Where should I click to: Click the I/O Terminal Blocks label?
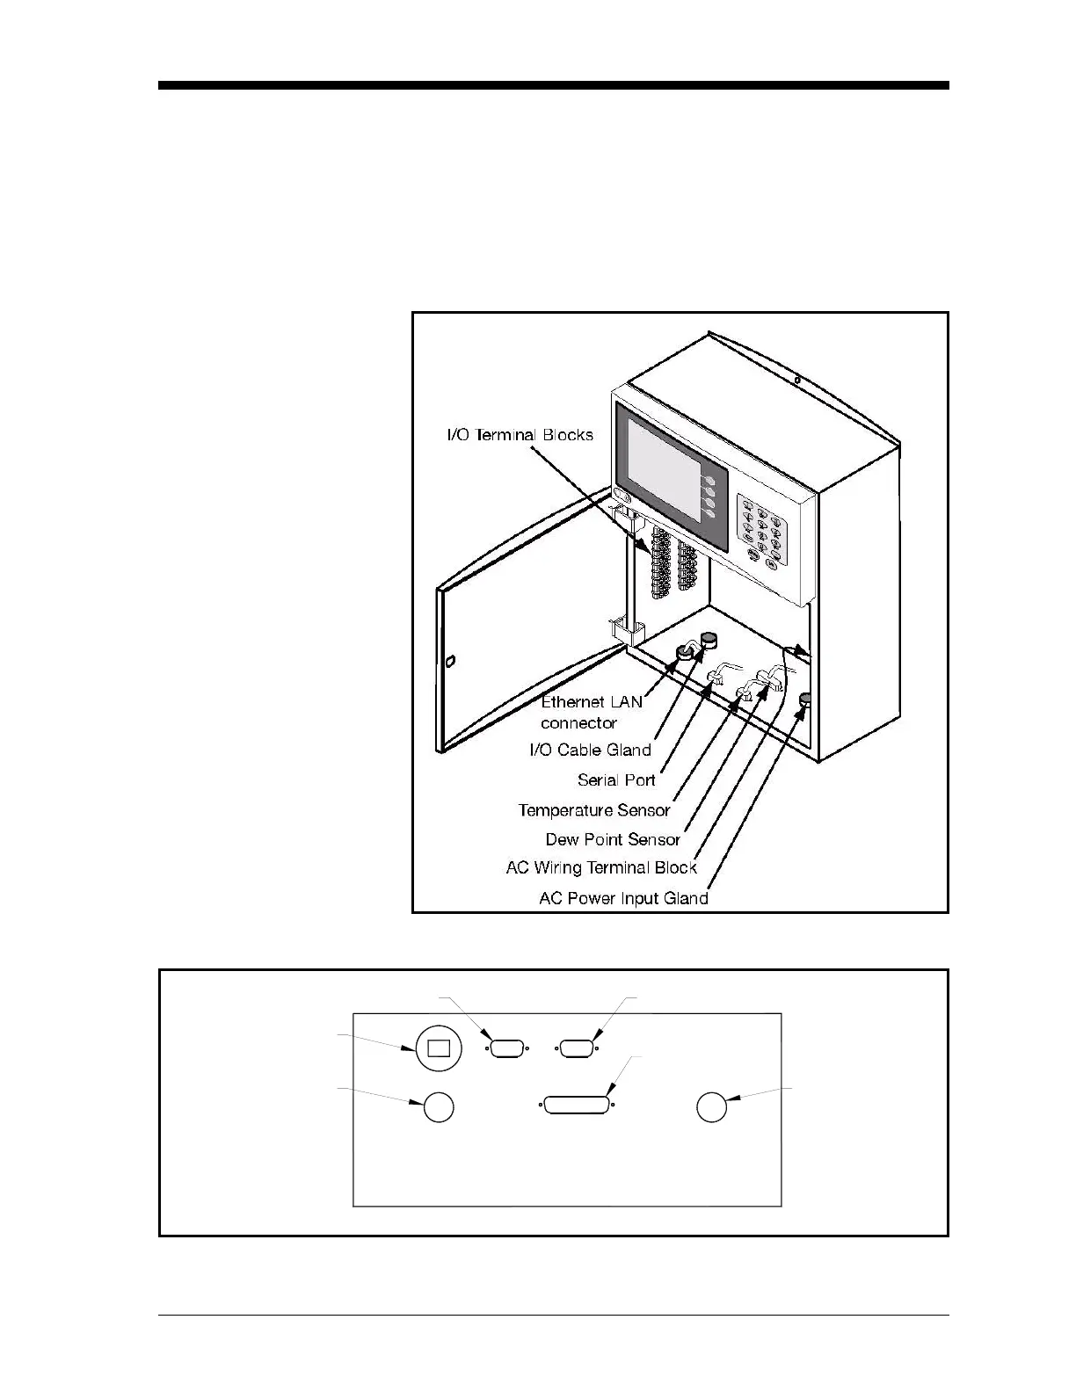click(x=520, y=435)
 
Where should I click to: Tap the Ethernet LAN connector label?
click(x=591, y=712)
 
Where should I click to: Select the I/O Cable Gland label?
click(x=590, y=750)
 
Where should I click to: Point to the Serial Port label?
click(x=616, y=779)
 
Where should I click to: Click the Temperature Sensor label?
click(x=594, y=810)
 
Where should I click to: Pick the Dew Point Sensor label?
click(x=613, y=839)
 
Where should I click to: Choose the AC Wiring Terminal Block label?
click(x=601, y=867)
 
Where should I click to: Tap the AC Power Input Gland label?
click(x=623, y=898)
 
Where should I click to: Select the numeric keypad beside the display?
click(x=763, y=533)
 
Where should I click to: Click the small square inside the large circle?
click(x=438, y=1048)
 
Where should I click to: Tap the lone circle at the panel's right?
click(x=711, y=1106)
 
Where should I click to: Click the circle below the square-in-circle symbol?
click(x=439, y=1106)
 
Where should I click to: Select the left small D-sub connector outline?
click(x=506, y=1048)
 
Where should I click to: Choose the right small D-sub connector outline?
click(x=577, y=1048)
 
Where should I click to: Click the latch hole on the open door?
click(x=450, y=662)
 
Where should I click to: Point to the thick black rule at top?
click(x=554, y=86)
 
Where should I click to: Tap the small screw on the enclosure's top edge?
click(x=796, y=381)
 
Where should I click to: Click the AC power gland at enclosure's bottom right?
click(x=804, y=700)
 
